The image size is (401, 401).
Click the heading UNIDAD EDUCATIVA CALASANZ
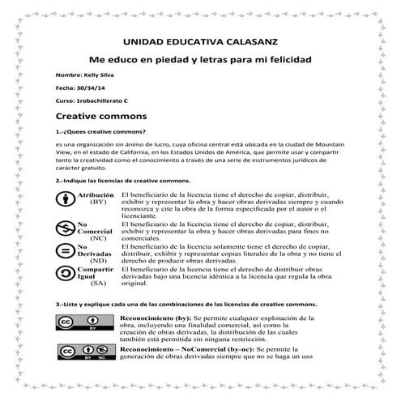pyautogui.click(x=199, y=39)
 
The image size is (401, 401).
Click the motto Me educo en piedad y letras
pyautogui.click(x=199, y=61)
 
